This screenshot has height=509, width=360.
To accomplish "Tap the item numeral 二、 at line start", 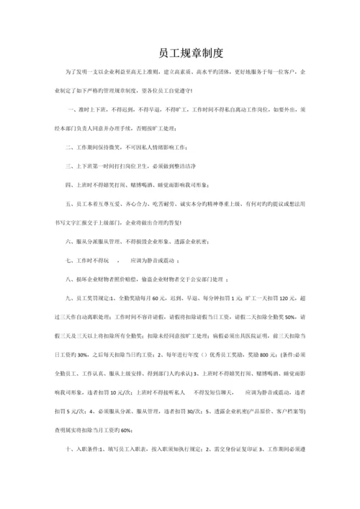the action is pyautogui.click(x=70, y=146).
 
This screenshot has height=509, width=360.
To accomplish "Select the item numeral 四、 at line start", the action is pyautogui.click(x=70, y=184).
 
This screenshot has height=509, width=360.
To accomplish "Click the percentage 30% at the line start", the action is pyautogui.click(x=78, y=353).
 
